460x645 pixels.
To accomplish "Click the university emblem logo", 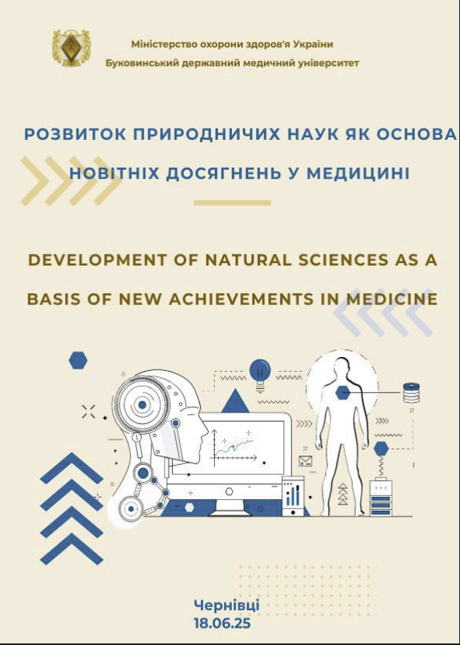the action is [71, 47].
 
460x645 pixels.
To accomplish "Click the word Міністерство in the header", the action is [164, 44].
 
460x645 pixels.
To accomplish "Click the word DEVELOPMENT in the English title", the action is [98, 260].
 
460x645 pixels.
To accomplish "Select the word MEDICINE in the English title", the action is [392, 299].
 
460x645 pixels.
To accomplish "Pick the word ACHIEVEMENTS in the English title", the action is [241, 299].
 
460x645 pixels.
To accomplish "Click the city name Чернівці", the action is [227, 605].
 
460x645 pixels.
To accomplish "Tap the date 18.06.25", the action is [222, 623].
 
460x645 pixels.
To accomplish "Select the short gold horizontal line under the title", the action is [232, 203].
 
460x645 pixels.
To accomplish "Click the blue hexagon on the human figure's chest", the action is [343, 393].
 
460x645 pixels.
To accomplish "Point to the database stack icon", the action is [411, 393].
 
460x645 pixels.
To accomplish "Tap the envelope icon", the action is [306, 461].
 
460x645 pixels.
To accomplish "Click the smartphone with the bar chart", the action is [293, 496].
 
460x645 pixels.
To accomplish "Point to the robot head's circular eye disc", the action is [142, 404].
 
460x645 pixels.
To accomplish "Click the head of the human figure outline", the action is [341, 367].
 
